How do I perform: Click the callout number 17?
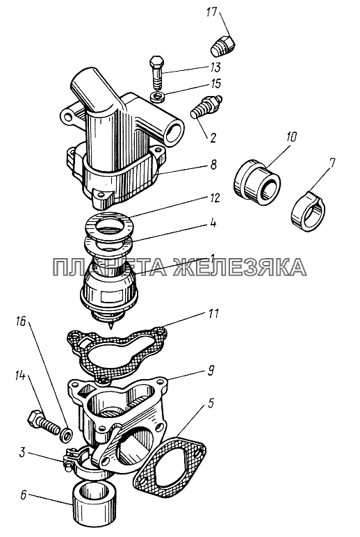point(212,13)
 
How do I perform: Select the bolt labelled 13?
point(157,72)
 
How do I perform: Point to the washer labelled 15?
point(158,96)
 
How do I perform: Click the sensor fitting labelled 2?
point(206,106)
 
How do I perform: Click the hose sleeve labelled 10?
point(256,179)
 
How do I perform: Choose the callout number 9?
point(211,371)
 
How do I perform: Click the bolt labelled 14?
point(43,421)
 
